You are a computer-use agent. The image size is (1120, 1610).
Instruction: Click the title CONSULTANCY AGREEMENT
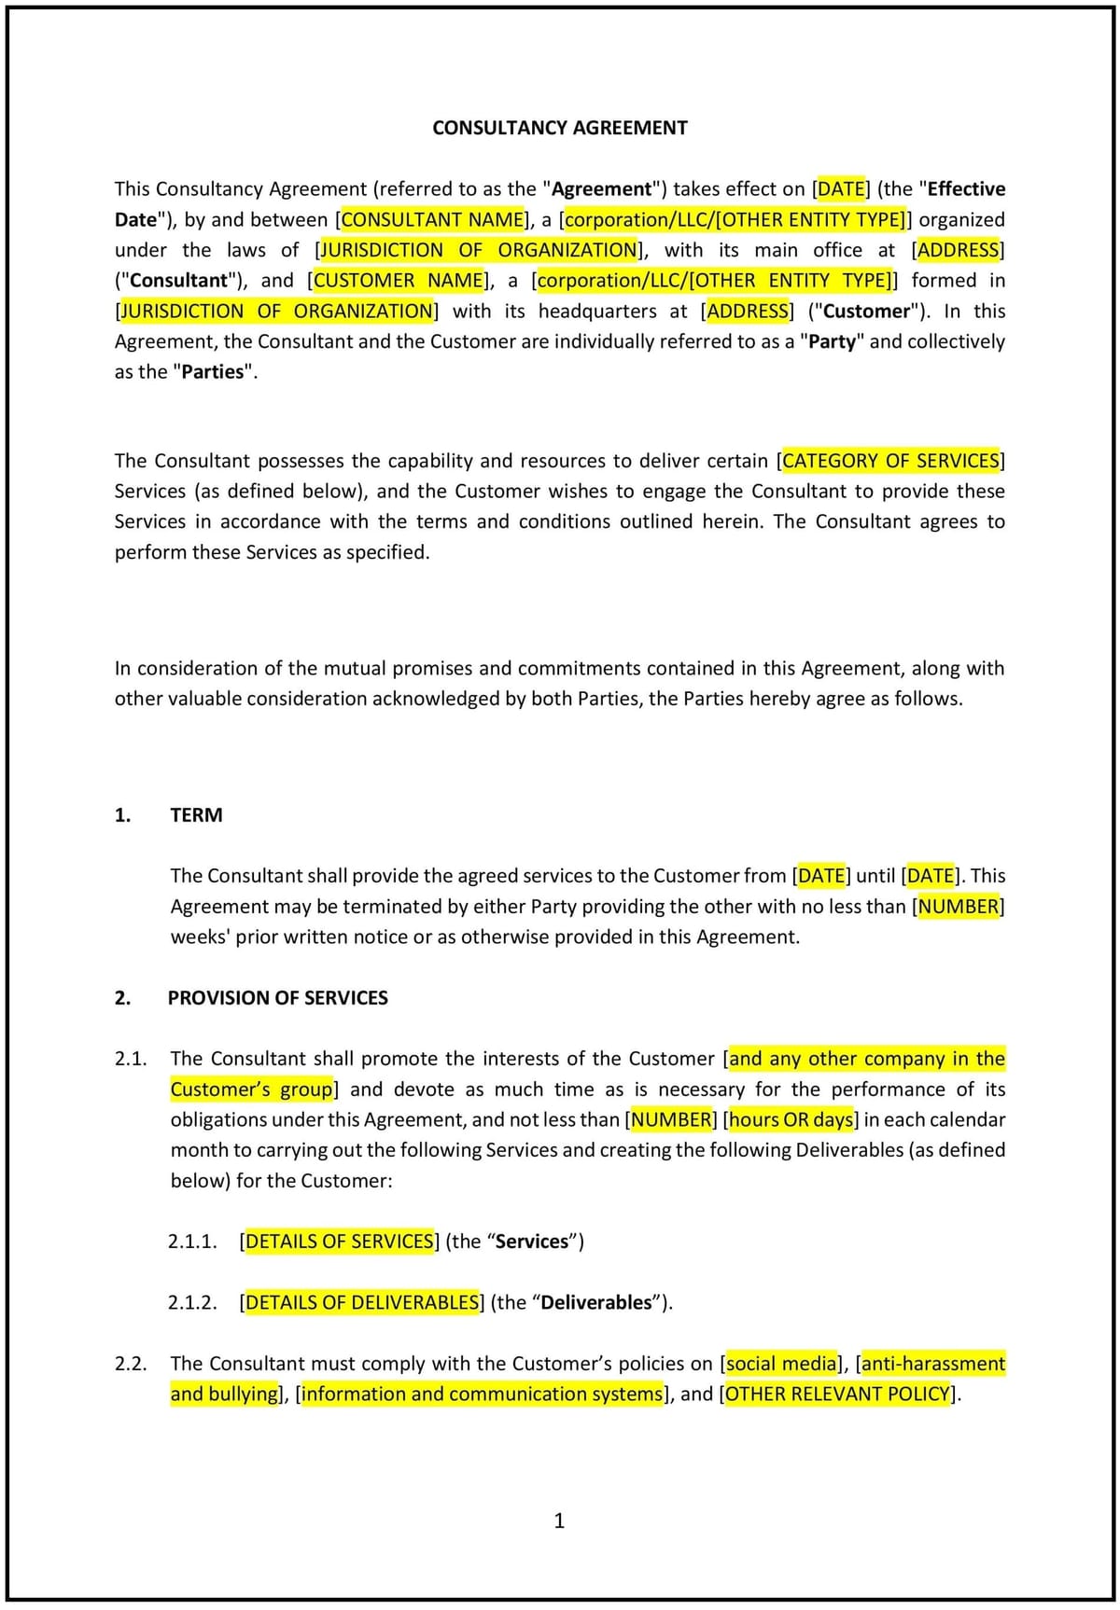pyautogui.click(x=559, y=128)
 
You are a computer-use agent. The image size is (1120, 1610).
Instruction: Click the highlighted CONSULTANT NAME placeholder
pyautogui.click(x=433, y=219)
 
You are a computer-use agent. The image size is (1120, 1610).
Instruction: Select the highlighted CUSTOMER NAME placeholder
pyautogui.click(x=399, y=280)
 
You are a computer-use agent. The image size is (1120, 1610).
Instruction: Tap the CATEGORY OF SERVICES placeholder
pyautogui.click(x=890, y=460)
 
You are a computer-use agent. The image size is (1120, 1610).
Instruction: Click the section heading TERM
pyautogui.click(x=196, y=814)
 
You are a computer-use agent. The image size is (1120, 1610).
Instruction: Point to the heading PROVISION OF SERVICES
pyautogui.click(x=277, y=997)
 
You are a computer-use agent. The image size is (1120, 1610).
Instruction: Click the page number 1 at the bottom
pyautogui.click(x=559, y=1520)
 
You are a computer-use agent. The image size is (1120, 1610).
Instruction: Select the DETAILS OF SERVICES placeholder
pyautogui.click(x=340, y=1241)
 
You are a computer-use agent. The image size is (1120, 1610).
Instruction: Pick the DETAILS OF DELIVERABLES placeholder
pyautogui.click(x=361, y=1301)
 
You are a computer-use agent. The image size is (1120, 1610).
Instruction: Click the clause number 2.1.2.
pyautogui.click(x=192, y=1301)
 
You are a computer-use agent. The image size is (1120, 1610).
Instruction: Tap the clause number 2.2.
pyautogui.click(x=131, y=1363)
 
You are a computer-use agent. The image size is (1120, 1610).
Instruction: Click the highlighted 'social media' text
pyautogui.click(x=782, y=1363)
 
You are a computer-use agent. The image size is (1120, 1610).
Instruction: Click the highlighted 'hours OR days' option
pyautogui.click(x=791, y=1118)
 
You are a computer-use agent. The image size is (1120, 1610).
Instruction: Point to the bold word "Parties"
pyautogui.click(x=214, y=371)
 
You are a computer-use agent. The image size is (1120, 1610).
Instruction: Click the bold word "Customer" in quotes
pyautogui.click(x=865, y=311)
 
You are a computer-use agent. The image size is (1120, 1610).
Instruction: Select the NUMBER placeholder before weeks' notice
pyautogui.click(x=958, y=906)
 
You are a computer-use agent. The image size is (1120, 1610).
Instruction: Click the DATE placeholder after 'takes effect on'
pyautogui.click(x=841, y=188)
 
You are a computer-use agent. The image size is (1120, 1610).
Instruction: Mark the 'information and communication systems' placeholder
pyautogui.click(x=482, y=1394)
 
